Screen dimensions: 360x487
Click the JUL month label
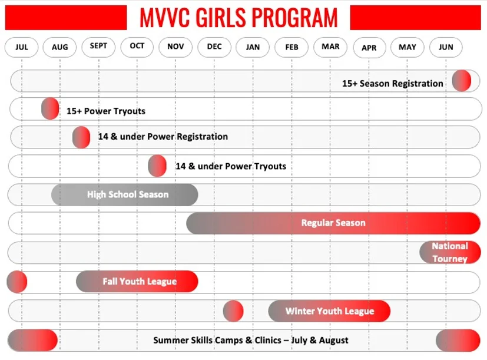click(22, 47)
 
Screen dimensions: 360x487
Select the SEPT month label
click(98, 47)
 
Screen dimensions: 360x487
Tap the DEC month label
click(214, 47)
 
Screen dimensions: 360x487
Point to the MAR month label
click(330, 47)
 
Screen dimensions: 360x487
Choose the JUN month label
click(446, 47)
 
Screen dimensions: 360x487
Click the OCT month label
click(137, 47)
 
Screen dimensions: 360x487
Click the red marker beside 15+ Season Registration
click(461, 81)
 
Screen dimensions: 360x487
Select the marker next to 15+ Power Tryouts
click(50, 109)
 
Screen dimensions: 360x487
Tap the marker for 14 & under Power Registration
click(81, 137)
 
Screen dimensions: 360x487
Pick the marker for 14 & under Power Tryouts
click(157, 166)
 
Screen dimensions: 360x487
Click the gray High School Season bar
click(125, 194)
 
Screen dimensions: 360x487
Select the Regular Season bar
click(333, 223)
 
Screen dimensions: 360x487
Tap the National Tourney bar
click(450, 252)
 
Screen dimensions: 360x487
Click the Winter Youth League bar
click(329, 311)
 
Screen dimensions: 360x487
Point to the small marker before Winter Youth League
click(233, 311)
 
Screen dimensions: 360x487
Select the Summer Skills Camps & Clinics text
click(251, 341)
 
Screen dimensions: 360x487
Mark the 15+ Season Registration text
click(392, 84)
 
